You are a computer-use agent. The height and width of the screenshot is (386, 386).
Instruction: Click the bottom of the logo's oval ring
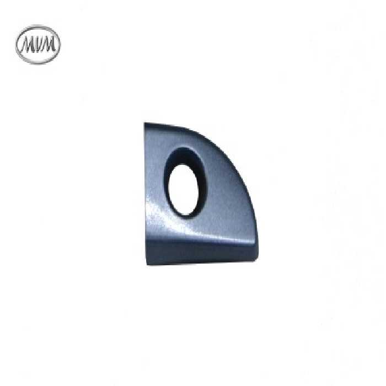tap(37, 63)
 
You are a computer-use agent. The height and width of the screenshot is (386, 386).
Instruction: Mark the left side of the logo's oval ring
tap(17, 45)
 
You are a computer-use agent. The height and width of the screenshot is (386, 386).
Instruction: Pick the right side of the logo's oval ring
tap(58, 45)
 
